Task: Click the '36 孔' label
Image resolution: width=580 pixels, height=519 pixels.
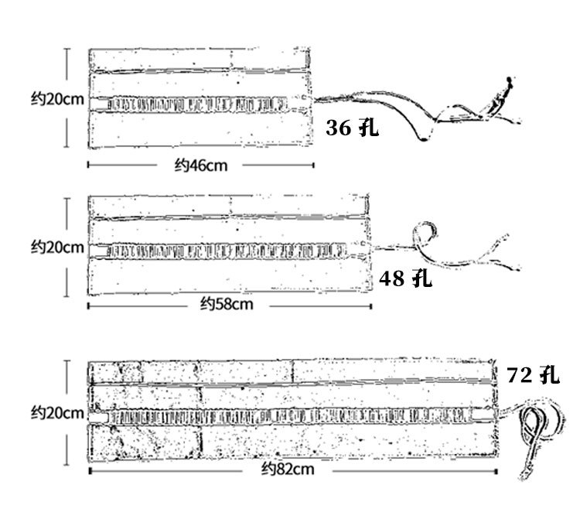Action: pos(352,128)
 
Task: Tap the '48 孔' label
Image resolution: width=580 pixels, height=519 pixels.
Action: pos(405,278)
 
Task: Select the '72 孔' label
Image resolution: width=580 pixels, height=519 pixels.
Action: pos(533,374)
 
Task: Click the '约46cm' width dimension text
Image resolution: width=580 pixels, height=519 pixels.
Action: pos(201,165)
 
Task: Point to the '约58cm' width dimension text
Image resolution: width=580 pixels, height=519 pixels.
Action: pos(227,304)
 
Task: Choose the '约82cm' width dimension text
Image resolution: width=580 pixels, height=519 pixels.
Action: pos(288,469)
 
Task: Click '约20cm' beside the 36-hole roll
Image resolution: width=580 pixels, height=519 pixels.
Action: pos(57,99)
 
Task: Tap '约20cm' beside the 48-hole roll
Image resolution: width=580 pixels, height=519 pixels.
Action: pos(57,247)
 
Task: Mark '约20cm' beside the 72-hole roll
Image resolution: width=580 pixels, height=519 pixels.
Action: pos(57,412)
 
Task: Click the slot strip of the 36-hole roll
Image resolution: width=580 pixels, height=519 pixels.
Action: pos(197,104)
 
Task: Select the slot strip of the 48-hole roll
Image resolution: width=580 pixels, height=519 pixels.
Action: pos(227,251)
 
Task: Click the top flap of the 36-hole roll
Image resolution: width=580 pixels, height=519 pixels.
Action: pos(200,60)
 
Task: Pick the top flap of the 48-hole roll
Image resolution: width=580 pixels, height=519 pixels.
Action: pos(228,207)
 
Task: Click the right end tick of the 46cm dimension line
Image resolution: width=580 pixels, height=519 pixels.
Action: pos(314,165)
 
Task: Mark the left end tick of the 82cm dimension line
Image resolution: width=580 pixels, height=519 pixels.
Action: pos(90,470)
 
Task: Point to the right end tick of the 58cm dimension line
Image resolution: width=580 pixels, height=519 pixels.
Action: pos(371,306)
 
